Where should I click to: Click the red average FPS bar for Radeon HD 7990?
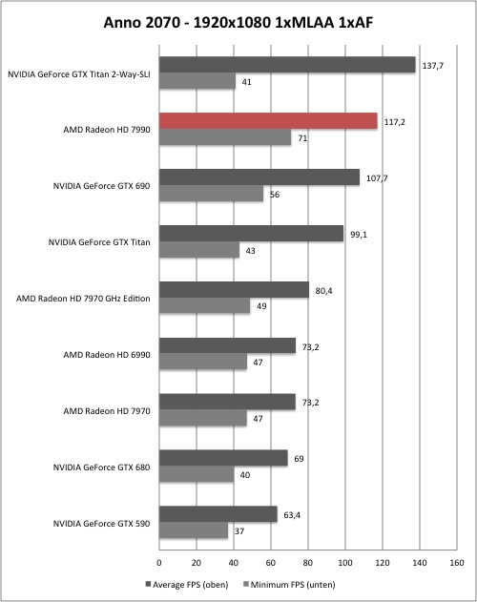[268, 121]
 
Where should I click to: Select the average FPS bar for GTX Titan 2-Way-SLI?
[287, 65]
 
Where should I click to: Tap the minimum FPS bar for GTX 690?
[211, 194]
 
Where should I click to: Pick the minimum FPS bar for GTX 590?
[194, 530]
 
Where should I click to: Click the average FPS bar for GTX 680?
[223, 458]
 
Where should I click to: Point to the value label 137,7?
[433, 66]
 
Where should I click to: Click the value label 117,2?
[395, 122]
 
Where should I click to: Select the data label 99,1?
[359, 235]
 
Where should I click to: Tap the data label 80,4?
[323, 291]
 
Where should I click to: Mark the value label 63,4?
[292, 515]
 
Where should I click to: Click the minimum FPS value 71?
[302, 138]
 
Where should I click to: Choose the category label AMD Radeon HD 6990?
[107, 355]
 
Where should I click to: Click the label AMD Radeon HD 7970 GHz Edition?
[83, 299]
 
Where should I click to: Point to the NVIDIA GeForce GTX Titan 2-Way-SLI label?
[79, 74]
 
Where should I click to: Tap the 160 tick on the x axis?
[456, 563]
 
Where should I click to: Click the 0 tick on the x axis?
[159, 563]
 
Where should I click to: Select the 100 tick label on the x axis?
[345, 563]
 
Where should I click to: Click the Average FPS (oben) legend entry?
[187, 585]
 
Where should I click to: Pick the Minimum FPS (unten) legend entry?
[290, 585]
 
